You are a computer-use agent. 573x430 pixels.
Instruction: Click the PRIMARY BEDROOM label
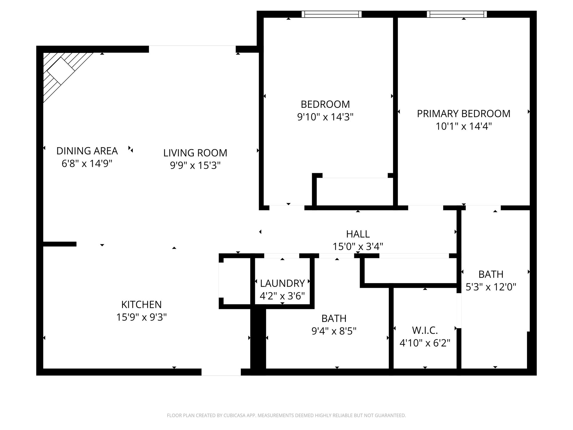[x=463, y=114]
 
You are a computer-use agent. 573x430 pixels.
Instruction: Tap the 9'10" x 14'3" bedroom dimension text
[x=325, y=117]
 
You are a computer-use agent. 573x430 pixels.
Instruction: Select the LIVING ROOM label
[x=195, y=153]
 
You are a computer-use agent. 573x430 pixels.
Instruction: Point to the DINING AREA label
[x=87, y=151]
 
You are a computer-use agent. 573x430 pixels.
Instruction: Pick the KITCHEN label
[x=141, y=305]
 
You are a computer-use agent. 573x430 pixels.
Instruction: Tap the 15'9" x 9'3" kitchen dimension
[x=141, y=317]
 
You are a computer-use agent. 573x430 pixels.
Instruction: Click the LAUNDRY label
[x=282, y=283]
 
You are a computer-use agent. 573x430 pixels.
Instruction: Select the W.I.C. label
[x=425, y=331]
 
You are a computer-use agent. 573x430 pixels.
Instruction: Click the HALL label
[x=358, y=234]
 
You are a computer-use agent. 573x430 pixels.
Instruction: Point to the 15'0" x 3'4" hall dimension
[x=358, y=247]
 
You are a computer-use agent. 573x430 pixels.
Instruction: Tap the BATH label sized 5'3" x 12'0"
[x=491, y=274]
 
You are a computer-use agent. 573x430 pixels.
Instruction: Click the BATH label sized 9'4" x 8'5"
[x=334, y=319]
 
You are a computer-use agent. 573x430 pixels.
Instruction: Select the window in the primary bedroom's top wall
[x=457, y=14]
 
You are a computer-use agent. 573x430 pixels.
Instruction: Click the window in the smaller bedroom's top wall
[x=331, y=14]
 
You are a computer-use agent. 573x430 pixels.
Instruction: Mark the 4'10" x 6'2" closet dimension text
[x=425, y=343]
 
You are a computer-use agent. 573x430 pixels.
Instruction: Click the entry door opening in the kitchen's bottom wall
[x=221, y=372]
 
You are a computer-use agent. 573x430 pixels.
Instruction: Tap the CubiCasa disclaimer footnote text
[x=286, y=415]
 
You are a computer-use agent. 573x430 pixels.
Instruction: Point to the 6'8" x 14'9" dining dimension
[x=87, y=164]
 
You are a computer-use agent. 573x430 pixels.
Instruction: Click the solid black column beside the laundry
[x=258, y=340]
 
